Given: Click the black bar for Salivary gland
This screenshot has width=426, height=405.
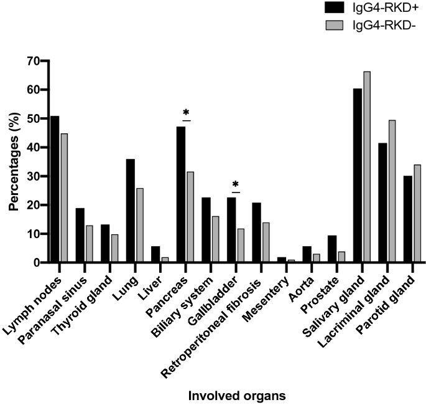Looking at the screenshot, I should (358, 176).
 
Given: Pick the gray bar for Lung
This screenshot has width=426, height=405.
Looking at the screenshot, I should (156, 226).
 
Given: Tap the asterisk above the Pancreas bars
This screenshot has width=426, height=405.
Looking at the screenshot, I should (185, 113).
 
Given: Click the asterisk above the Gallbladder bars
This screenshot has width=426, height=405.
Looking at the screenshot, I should (236, 185).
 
